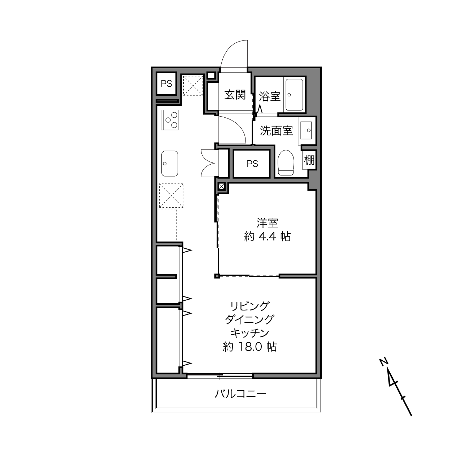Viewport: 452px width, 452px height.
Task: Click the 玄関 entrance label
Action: (x=235, y=95)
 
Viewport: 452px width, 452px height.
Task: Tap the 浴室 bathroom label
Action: (x=270, y=96)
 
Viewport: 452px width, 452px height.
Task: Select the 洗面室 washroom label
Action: (x=276, y=131)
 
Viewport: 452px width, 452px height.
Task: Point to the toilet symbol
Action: (x=286, y=162)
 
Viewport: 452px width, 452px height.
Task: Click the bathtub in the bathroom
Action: (x=294, y=95)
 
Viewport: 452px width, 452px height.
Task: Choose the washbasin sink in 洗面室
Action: (x=306, y=130)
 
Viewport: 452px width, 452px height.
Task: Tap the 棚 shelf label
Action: (x=309, y=161)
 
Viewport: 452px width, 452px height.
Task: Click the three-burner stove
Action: (x=170, y=120)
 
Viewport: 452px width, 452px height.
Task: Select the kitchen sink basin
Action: (x=170, y=164)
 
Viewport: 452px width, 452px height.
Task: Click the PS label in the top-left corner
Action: (x=166, y=83)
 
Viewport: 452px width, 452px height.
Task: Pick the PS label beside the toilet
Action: (x=252, y=164)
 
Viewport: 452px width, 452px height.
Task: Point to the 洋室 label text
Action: (x=268, y=223)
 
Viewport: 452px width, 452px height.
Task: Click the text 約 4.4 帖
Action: (x=268, y=236)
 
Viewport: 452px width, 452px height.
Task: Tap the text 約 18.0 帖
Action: (x=249, y=347)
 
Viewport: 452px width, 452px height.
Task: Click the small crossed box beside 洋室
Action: (x=222, y=187)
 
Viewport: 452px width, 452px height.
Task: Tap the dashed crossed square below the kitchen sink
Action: (x=171, y=196)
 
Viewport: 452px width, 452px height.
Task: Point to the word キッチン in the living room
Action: (x=249, y=333)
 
